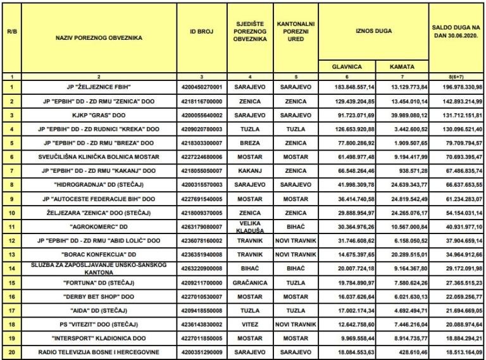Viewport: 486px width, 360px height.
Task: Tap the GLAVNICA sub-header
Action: click(x=347, y=65)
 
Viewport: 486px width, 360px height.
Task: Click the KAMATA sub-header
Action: click(x=402, y=65)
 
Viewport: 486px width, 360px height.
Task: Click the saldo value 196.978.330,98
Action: click(x=456, y=86)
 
